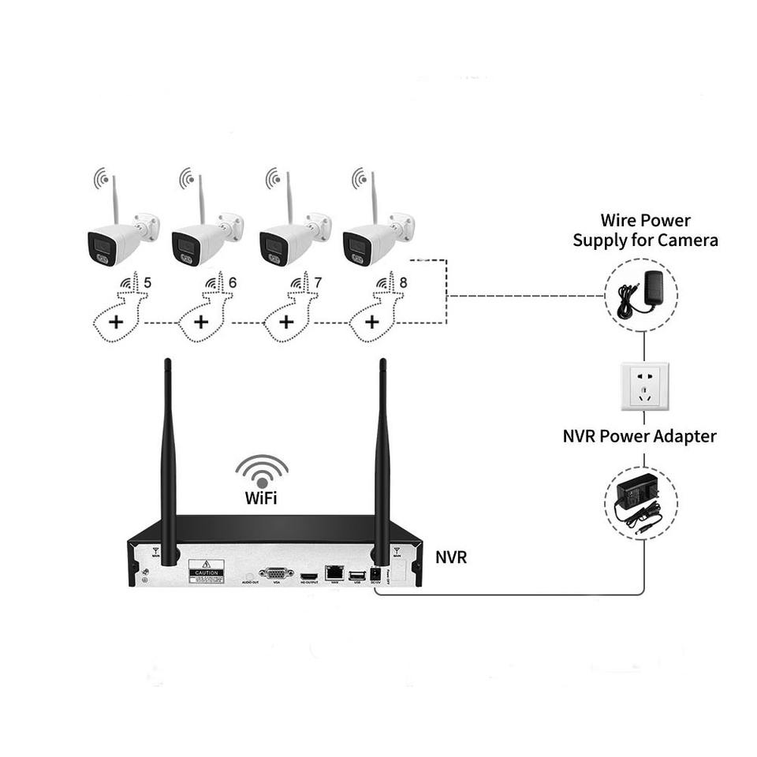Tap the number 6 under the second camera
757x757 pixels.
point(233,282)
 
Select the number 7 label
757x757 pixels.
point(318,282)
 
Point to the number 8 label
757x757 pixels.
point(403,282)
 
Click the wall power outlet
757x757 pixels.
point(644,386)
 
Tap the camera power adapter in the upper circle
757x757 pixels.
point(643,293)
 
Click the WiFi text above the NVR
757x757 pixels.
point(261,498)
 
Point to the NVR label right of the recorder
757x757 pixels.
point(451,557)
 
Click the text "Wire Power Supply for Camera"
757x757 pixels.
point(645,230)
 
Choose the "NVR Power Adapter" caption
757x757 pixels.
point(640,436)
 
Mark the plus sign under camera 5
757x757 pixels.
point(116,322)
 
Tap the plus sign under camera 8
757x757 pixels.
point(371,322)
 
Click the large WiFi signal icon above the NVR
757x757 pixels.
point(261,472)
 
